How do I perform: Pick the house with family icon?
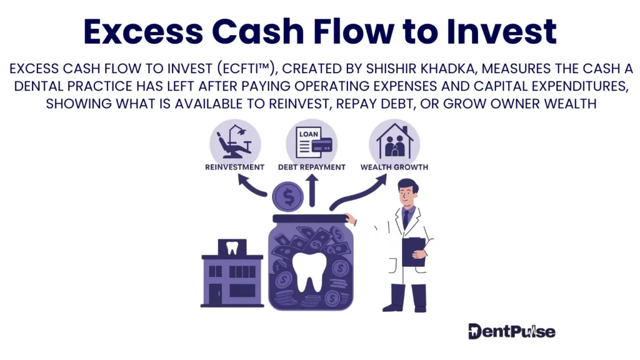click(394, 141)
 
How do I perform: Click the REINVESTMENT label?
click(234, 167)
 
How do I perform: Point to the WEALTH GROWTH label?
click(394, 167)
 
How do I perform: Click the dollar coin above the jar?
click(287, 196)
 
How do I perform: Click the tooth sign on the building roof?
click(232, 247)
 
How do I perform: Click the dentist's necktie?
click(406, 219)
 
